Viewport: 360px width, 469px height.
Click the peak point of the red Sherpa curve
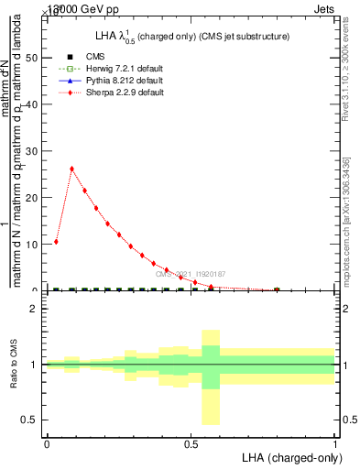coord(71,169)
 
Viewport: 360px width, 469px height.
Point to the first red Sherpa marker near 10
coord(57,242)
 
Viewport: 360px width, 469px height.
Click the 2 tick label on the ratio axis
coord(34,309)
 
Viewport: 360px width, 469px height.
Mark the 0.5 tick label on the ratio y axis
coord(31,420)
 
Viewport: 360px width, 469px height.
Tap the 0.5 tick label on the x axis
coord(191,444)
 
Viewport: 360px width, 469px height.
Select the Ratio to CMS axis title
coord(14,365)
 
